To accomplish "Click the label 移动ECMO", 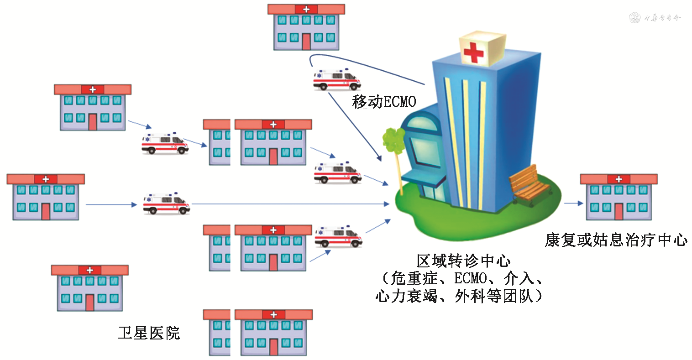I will point(384,101).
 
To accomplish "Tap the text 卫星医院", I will point(149,333).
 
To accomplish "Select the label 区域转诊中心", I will point(463,261).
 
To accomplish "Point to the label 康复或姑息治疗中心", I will point(616,240).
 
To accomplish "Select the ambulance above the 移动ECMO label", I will point(336,79).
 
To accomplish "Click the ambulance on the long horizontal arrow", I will point(166,203).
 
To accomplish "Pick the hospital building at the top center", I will point(306,27).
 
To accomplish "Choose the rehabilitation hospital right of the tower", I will point(619,197).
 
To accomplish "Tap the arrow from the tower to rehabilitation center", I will point(573,203).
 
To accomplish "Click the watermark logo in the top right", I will point(635,18).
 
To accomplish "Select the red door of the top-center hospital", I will point(306,42).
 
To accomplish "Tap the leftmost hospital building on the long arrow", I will point(46,197).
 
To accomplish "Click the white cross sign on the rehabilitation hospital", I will point(619,179).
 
